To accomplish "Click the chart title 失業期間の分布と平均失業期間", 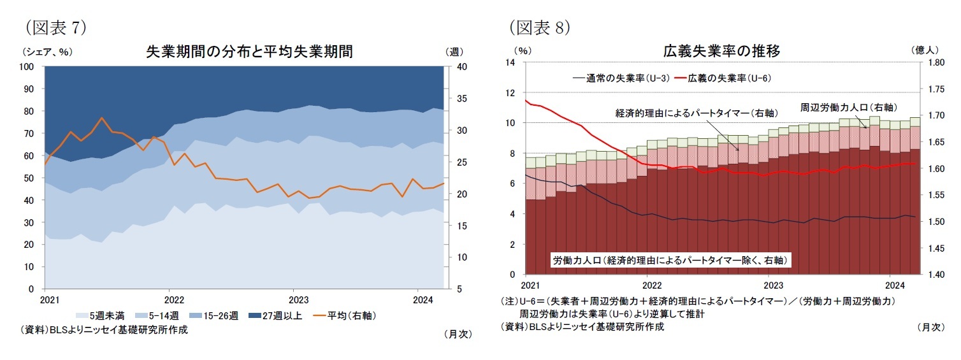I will pyautogui.click(x=249, y=52).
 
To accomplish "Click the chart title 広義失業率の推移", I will pyautogui.click(x=721, y=51).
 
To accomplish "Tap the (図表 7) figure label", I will pyautogui.click(x=55, y=27).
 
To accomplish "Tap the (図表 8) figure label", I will pyautogui.click(x=538, y=27).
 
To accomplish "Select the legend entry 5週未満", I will pyautogui.click(x=104, y=315).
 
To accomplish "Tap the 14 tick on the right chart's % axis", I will pyautogui.click(x=510, y=62).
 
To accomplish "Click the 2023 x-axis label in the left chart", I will pyautogui.click(x=296, y=299).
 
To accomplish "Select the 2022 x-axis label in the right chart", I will pyautogui.click(x=651, y=285).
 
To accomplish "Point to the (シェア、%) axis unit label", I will pyautogui.click(x=47, y=52).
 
